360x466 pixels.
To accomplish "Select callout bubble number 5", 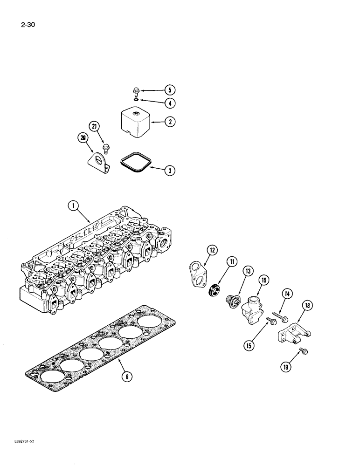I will [171, 90].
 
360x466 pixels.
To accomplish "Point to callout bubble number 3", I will [171, 171].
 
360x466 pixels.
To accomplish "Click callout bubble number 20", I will [83, 137].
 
